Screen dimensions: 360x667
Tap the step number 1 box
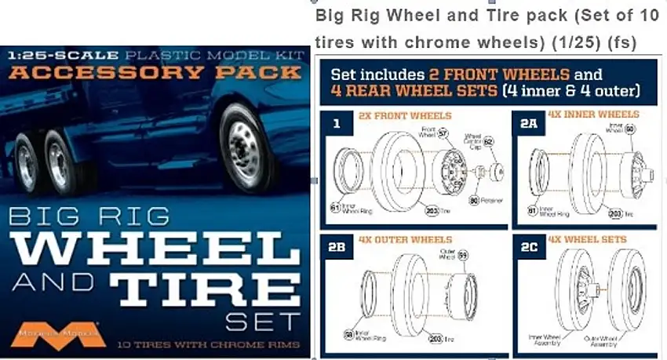point(336,123)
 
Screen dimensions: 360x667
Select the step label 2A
point(527,123)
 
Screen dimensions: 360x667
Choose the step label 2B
point(337,245)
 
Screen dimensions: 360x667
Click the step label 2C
point(527,245)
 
